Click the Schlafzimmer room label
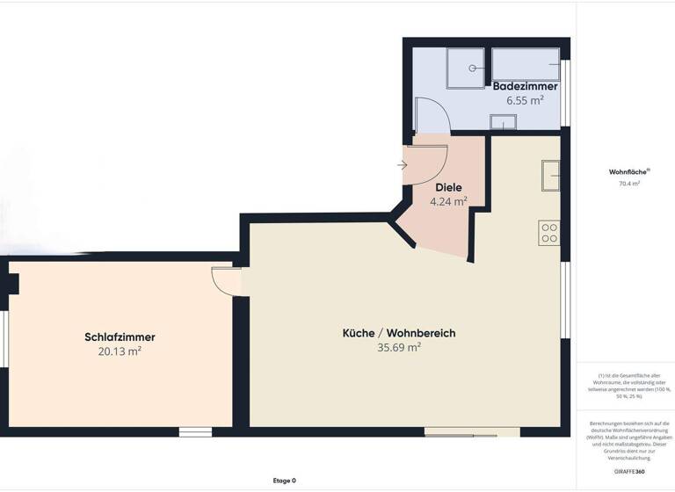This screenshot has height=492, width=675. click(x=120, y=336)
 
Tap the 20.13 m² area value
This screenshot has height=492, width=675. click(x=120, y=351)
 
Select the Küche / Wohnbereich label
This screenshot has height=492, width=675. click(x=399, y=333)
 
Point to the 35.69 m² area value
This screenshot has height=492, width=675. click(x=399, y=347)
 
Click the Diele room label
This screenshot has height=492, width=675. click(x=448, y=187)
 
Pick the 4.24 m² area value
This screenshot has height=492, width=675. click(x=448, y=201)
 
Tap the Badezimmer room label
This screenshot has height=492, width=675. click(x=525, y=86)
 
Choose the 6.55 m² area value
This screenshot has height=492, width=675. click(x=525, y=100)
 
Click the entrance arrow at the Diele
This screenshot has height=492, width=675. click(x=402, y=164)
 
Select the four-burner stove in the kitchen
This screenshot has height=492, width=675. click(x=549, y=232)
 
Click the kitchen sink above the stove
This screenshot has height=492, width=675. click(x=551, y=175)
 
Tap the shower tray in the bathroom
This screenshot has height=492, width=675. click(x=467, y=68)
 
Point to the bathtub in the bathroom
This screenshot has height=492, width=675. click(x=526, y=64)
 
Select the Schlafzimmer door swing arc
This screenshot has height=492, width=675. click(x=226, y=281)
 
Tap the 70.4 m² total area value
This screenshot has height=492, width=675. click(x=628, y=184)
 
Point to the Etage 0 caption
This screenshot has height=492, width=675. click(x=283, y=481)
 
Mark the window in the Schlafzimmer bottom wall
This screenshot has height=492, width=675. click(x=195, y=431)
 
